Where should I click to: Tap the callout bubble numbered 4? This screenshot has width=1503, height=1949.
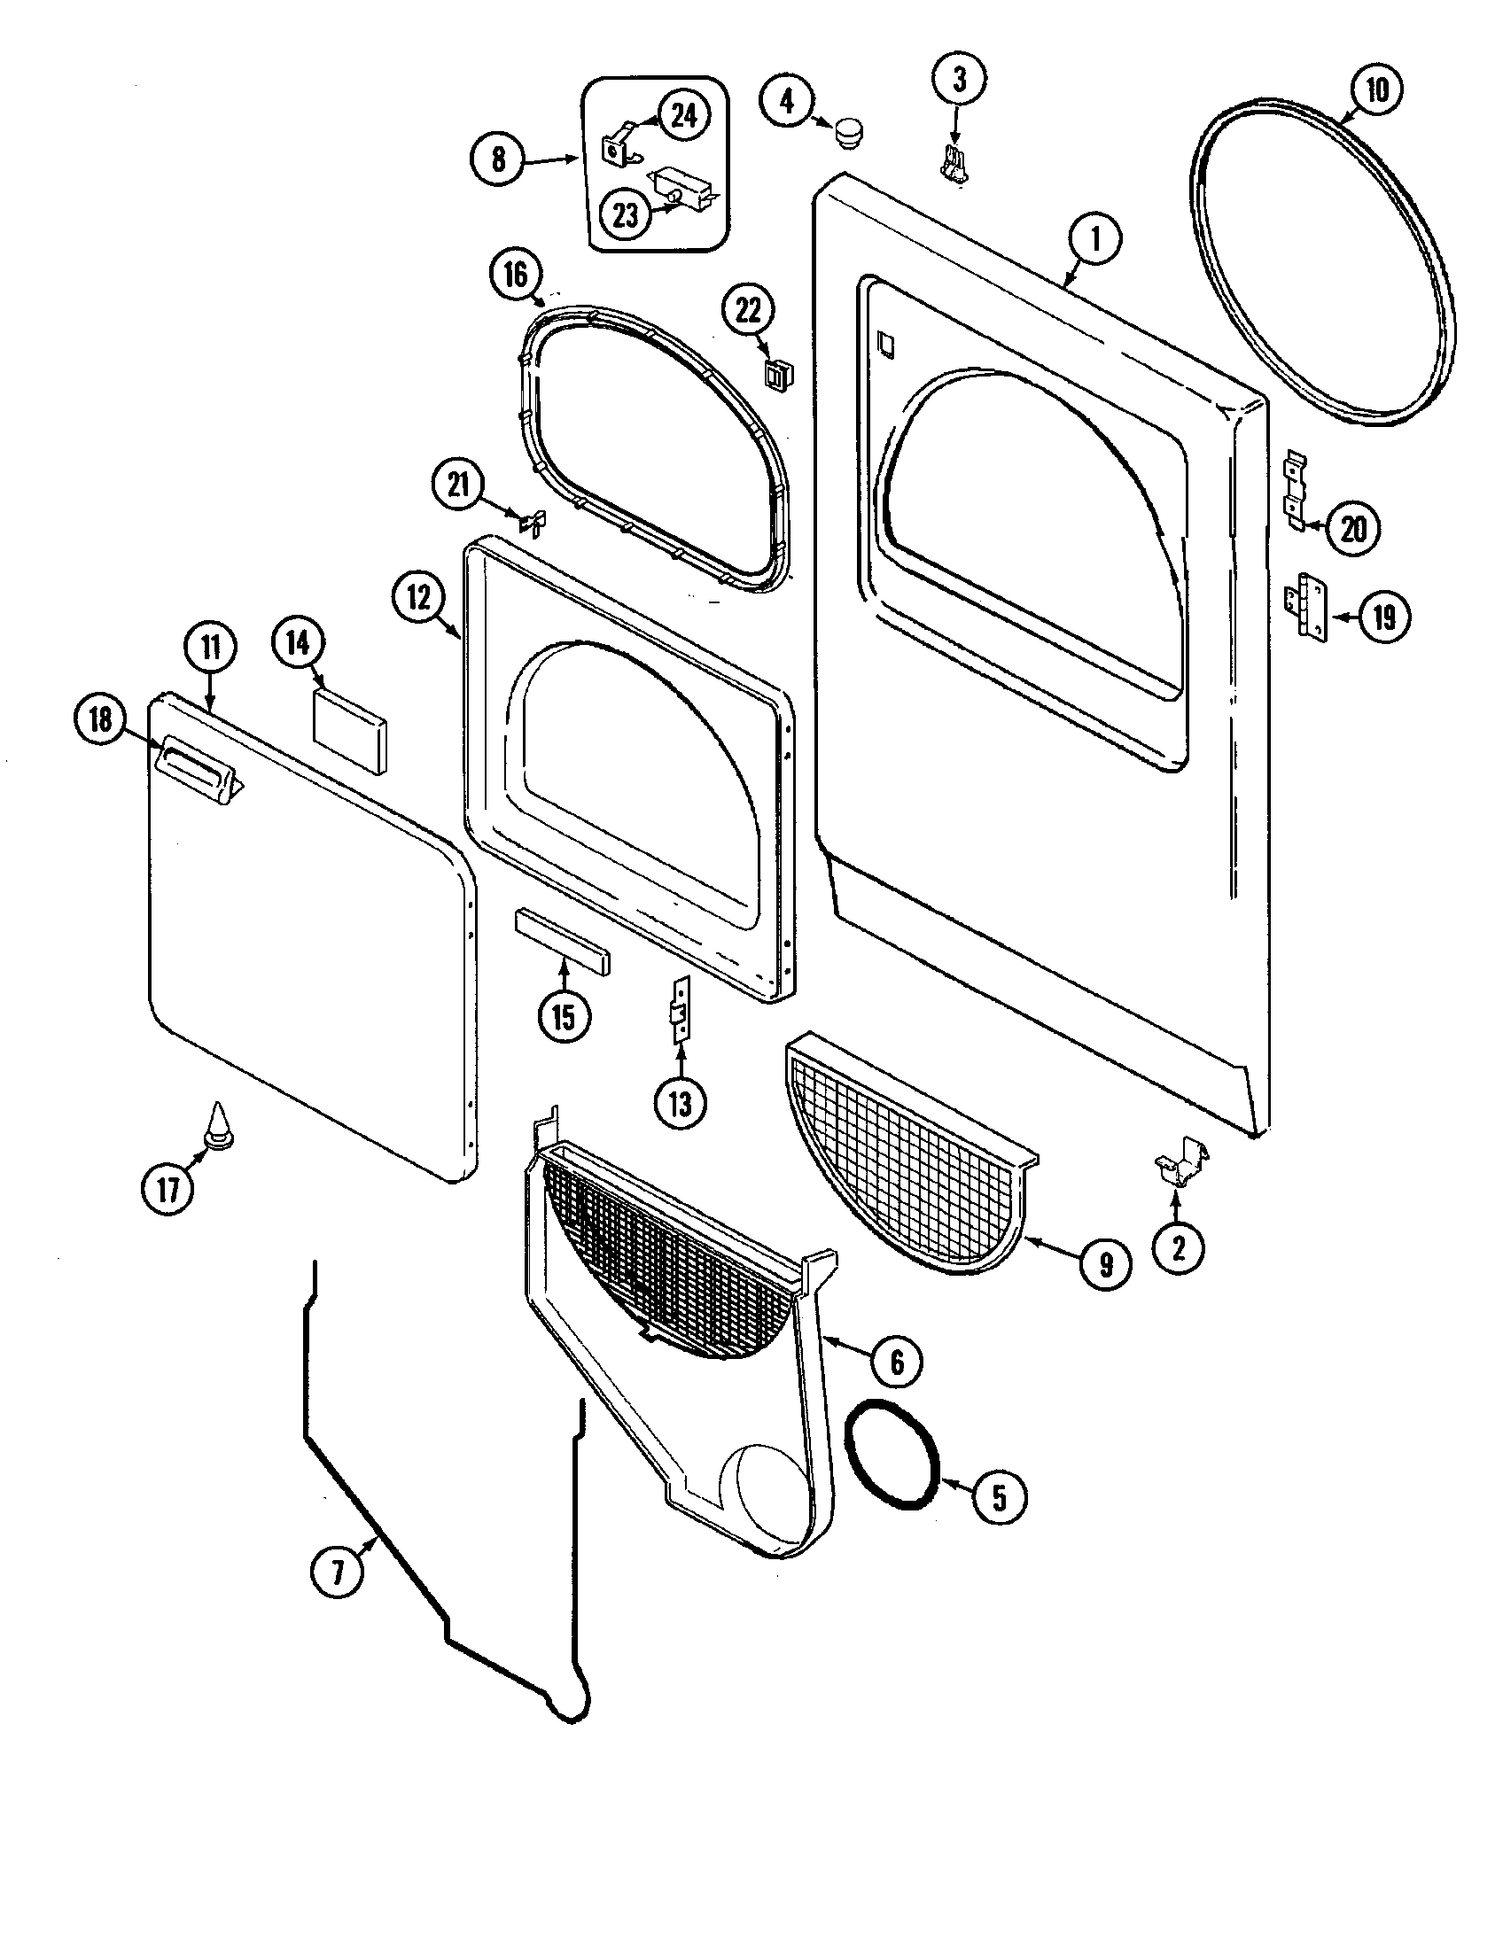(x=786, y=101)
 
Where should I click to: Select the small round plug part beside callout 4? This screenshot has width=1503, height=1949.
(x=848, y=134)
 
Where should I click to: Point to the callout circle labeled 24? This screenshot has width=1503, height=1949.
(x=683, y=115)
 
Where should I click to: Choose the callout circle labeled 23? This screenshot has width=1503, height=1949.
(x=626, y=214)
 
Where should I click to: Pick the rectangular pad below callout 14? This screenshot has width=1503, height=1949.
(x=350, y=730)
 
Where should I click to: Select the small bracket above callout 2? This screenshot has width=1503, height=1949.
(x=1180, y=1164)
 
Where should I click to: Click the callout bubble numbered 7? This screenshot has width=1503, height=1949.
(x=338, y=1572)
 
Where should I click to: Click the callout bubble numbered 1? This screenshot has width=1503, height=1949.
(x=1095, y=239)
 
